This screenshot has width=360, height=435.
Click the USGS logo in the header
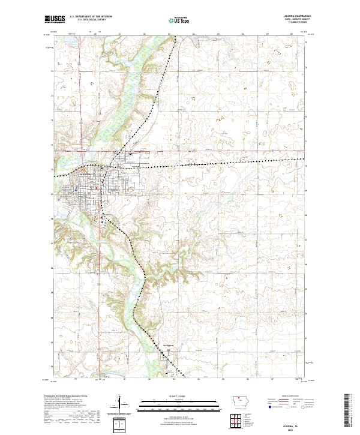coord(55,20)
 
